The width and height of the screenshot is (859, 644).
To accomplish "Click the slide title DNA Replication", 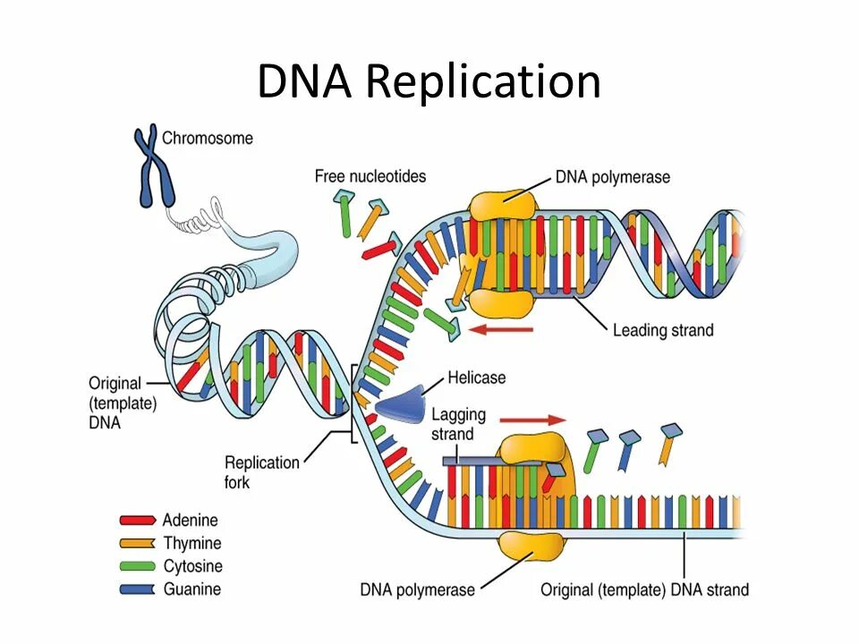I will tap(429, 82).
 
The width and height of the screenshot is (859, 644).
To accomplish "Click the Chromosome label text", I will tap(208, 139).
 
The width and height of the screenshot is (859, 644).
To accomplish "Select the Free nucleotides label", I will tap(370, 176).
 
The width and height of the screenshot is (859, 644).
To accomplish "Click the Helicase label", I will tap(476, 378).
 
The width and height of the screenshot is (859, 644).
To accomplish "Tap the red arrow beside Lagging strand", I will tap(532, 419).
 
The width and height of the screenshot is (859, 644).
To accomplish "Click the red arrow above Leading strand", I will tap(501, 330).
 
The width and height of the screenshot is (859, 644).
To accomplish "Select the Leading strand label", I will tap(663, 331).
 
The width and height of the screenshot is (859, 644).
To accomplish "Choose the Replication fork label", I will tap(261, 471).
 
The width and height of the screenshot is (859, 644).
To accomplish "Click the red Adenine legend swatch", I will tap(138, 520).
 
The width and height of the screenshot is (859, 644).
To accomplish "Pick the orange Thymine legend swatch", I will tap(138, 543).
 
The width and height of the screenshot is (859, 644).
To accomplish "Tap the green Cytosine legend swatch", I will tap(138, 566).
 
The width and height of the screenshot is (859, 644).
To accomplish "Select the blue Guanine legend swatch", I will tap(138, 589).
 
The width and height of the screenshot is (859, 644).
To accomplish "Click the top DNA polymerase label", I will tap(612, 177).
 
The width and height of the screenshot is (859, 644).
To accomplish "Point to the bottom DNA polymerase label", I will tap(418, 590).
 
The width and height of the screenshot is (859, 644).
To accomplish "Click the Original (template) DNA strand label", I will tap(644, 590).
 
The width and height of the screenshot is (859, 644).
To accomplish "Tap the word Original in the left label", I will tap(115, 385).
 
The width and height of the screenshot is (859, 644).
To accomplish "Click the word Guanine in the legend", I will tap(191, 589).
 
